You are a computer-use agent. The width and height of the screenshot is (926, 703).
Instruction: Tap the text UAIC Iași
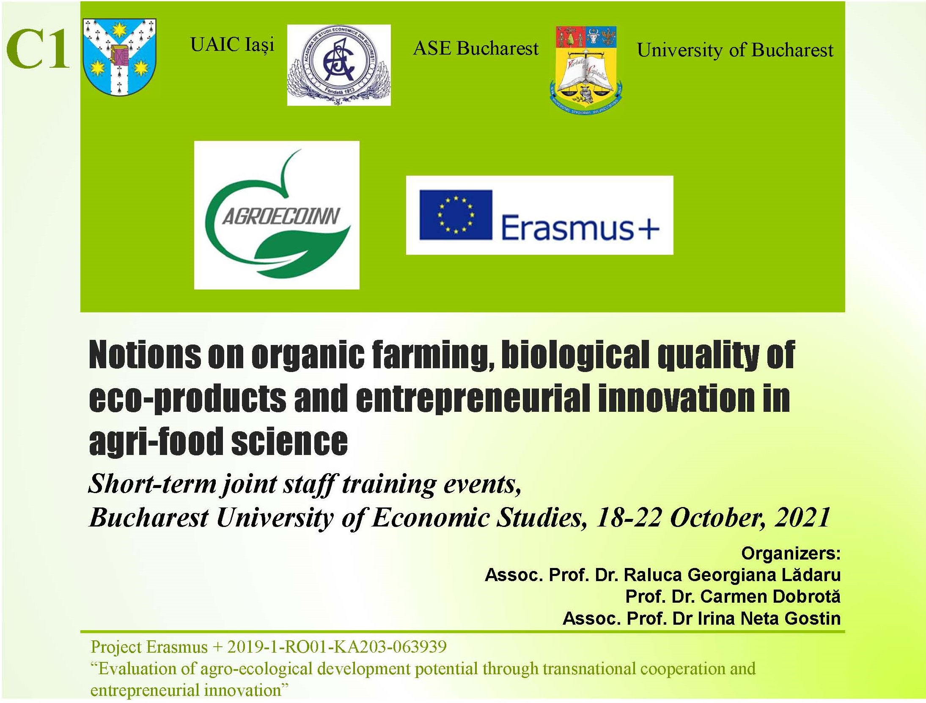click(x=232, y=44)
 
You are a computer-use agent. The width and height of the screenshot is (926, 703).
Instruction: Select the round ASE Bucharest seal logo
click(x=339, y=65)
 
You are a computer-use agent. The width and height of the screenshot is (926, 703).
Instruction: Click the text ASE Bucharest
click(x=476, y=48)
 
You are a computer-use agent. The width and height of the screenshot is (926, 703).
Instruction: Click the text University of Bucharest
click(x=735, y=50)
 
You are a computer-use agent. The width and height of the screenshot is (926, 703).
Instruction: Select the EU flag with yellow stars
click(x=456, y=215)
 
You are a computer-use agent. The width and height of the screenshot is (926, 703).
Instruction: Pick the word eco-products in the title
click(x=188, y=399)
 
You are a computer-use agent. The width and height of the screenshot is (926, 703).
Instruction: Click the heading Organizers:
click(x=791, y=554)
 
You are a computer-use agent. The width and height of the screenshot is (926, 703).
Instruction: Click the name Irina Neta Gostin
click(x=769, y=618)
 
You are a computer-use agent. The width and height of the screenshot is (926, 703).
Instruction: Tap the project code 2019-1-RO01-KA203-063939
click(x=337, y=647)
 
